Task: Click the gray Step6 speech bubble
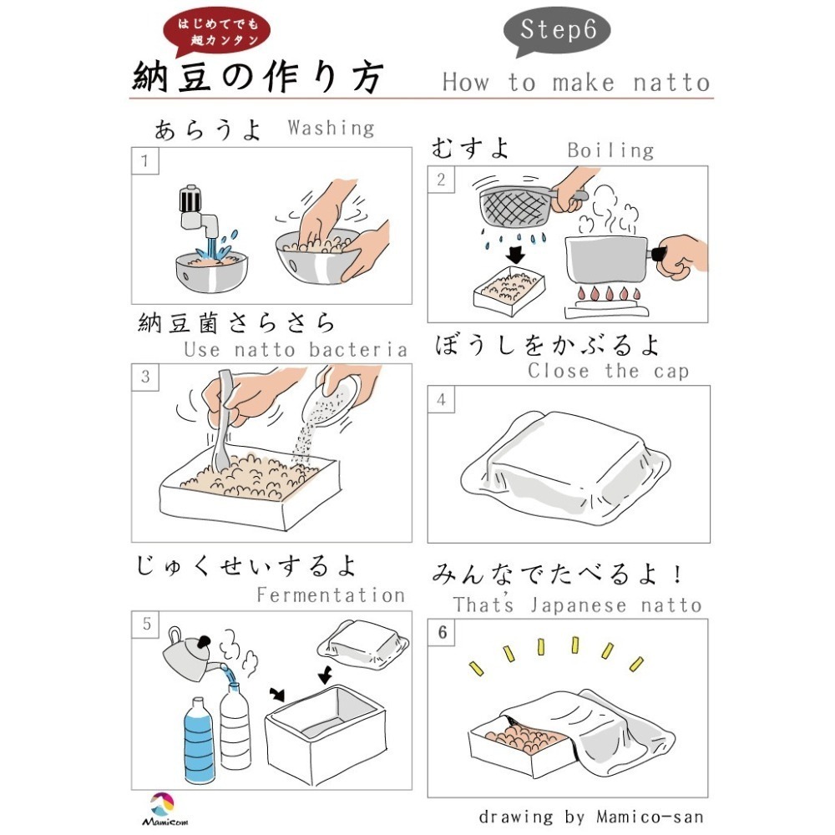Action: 556,31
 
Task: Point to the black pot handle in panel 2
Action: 658,253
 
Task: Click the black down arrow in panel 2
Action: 515,255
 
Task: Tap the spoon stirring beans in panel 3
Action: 223,421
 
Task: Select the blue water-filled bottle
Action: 200,740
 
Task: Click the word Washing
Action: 331,129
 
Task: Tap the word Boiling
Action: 610,150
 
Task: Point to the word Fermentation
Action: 331,595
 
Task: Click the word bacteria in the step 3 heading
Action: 358,350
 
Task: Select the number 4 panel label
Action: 441,399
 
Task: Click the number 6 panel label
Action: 442,632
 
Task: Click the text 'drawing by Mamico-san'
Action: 591,817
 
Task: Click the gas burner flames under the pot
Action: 608,292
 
